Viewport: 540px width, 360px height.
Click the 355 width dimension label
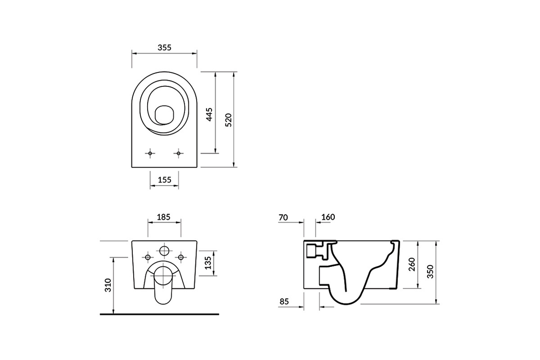click(x=164, y=48)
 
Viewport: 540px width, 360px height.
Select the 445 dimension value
click(x=209, y=114)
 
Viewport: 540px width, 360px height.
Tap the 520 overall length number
click(x=228, y=120)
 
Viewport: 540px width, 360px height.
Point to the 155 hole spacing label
click(x=164, y=180)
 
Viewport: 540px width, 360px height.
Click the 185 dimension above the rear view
click(x=164, y=217)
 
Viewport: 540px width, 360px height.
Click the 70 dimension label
click(x=283, y=217)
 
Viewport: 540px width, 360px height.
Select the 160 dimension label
click(x=328, y=217)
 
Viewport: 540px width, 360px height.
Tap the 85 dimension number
click(x=284, y=301)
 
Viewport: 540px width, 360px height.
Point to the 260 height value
click(x=412, y=264)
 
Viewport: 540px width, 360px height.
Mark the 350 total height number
click(x=430, y=271)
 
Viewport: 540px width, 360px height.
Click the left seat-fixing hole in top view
click(x=150, y=153)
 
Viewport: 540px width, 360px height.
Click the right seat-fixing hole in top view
click(x=178, y=153)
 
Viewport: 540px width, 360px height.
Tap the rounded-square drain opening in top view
click(x=164, y=115)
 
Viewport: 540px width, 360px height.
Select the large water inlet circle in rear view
click(x=164, y=251)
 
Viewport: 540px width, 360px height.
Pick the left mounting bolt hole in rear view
click(x=148, y=257)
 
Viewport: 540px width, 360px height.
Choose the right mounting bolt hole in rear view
click(x=180, y=257)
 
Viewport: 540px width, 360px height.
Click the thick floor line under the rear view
click(x=159, y=314)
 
